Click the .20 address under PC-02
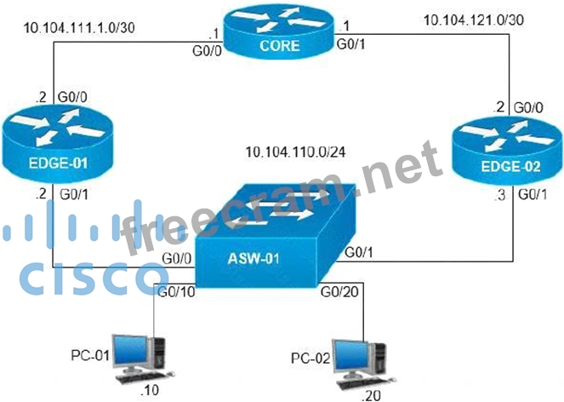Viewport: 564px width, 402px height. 371,394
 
